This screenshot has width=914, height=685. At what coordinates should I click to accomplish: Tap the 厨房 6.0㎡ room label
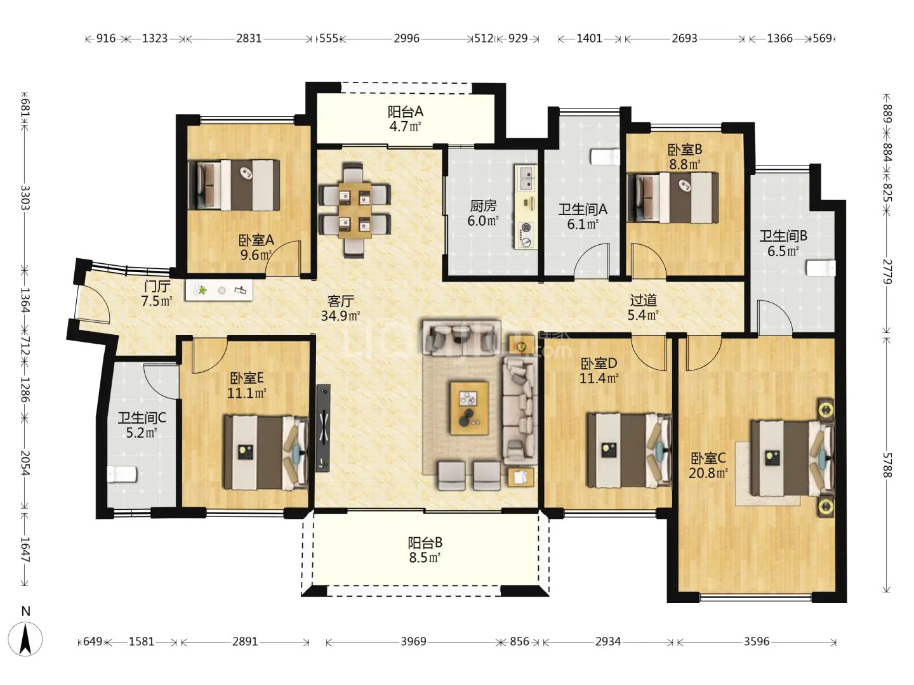483,213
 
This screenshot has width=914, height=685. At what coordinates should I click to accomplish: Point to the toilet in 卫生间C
122,474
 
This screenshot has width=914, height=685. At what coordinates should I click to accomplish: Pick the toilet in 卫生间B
821,268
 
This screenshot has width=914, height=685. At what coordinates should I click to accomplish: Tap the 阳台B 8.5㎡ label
425,550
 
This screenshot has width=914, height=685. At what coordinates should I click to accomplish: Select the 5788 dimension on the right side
886,465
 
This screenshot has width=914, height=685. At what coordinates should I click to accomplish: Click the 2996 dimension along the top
406,38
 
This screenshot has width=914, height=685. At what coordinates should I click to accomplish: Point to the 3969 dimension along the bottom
413,642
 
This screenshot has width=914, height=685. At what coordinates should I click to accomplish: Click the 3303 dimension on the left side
25,197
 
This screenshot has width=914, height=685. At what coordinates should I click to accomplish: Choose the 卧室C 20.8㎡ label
708,466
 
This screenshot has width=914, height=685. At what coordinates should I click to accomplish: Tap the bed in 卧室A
234,185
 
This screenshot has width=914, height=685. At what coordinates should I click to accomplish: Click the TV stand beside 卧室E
323,428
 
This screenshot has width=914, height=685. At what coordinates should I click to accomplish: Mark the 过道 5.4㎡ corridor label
643,308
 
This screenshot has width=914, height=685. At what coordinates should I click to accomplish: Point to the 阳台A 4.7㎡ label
405,119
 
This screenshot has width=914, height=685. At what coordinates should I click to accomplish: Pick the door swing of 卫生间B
775,316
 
